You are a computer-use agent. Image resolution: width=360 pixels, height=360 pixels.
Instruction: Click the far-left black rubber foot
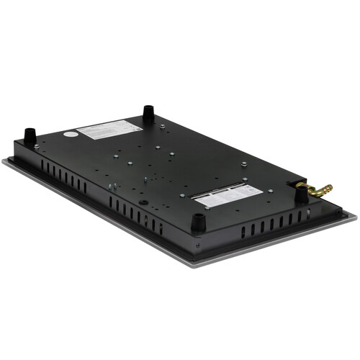point(30,135)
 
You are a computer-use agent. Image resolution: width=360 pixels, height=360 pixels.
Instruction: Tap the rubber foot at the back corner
point(148,113)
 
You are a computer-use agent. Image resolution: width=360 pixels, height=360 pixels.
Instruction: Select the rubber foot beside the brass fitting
point(301,194)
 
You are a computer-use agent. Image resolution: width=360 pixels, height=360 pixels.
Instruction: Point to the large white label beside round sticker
point(108,130)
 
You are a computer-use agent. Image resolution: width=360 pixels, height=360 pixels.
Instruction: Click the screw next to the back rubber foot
point(163,126)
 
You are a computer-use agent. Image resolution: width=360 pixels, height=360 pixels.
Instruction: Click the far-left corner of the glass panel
point(4,162)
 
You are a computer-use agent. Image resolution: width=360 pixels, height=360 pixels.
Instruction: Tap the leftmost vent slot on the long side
point(43,166)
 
